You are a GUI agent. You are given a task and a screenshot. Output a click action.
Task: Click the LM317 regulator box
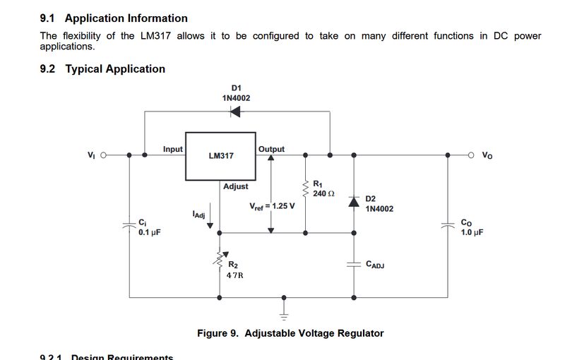(220, 155)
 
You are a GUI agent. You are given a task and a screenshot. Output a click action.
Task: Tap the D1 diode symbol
(236, 112)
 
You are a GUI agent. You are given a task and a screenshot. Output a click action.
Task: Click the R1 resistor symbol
(306, 188)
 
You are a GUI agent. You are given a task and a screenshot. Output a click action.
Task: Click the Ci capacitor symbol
(129, 226)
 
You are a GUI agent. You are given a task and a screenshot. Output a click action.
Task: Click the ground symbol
(285, 309)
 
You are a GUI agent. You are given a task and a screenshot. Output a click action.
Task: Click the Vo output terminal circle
(472, 155)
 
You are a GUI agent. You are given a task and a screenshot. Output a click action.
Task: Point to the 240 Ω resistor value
(323, 193)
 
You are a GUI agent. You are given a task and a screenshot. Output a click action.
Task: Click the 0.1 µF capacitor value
(149, 232)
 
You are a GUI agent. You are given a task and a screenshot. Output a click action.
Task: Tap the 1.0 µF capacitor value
(472, 232)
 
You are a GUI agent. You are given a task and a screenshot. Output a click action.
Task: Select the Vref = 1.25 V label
(272, 206)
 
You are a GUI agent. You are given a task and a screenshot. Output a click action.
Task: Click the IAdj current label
(198, 214)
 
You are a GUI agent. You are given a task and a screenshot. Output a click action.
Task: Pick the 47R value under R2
(235, 275)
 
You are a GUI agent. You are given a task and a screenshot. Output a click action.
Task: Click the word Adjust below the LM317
(236, 186)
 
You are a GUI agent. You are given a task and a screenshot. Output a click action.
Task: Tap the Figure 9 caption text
(290, 333)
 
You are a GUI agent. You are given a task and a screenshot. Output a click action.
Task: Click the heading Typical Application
(115, 69)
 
